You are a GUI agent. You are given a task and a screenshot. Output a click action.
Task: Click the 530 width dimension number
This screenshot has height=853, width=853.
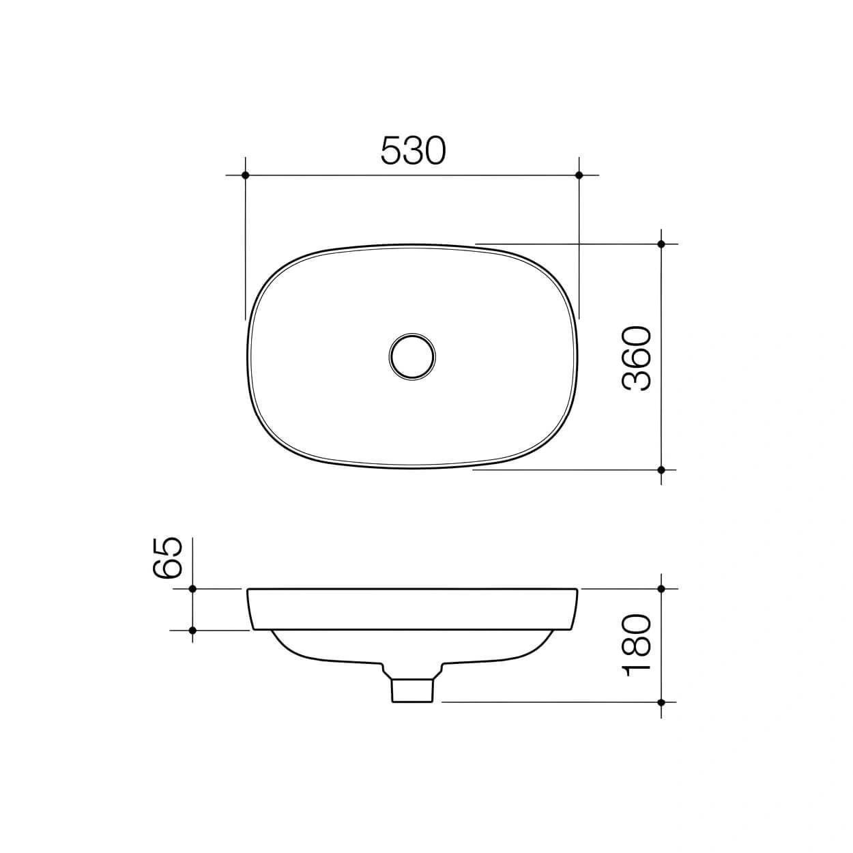point(413,151)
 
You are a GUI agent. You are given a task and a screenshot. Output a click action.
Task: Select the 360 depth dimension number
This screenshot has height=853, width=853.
point(637,358)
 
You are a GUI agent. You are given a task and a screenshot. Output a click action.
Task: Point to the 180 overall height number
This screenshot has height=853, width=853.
point(637,646)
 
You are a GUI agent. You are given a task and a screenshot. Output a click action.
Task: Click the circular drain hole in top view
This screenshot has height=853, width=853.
point(413,356)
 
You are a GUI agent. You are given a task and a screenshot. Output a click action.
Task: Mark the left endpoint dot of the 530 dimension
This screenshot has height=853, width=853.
point(246,175)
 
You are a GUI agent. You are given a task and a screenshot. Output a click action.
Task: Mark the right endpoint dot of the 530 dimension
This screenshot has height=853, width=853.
point(579,175)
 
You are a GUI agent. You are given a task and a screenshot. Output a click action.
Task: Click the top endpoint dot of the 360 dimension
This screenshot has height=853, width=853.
point(661,244)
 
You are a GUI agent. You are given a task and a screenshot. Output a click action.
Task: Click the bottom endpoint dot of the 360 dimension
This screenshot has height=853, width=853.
point(661,469)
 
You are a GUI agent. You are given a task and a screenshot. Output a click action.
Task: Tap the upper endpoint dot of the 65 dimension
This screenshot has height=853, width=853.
point(192,588)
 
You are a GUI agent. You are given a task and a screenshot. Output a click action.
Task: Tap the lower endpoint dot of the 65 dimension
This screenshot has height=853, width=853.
point(192,630)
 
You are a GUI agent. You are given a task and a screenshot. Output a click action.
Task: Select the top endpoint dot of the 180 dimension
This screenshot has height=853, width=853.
point(661,588)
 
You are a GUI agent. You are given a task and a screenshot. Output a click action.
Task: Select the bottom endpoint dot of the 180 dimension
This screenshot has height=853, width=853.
point(661,702)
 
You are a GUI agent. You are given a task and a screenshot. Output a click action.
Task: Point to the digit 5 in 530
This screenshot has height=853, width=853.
point(391,151)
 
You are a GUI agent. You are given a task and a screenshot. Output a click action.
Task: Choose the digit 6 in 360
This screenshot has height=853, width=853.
point(637,358)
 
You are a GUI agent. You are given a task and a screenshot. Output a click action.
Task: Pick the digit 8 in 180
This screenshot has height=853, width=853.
point(637,646)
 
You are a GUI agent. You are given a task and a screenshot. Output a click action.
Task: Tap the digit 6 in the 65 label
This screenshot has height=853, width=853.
point(169,568)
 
